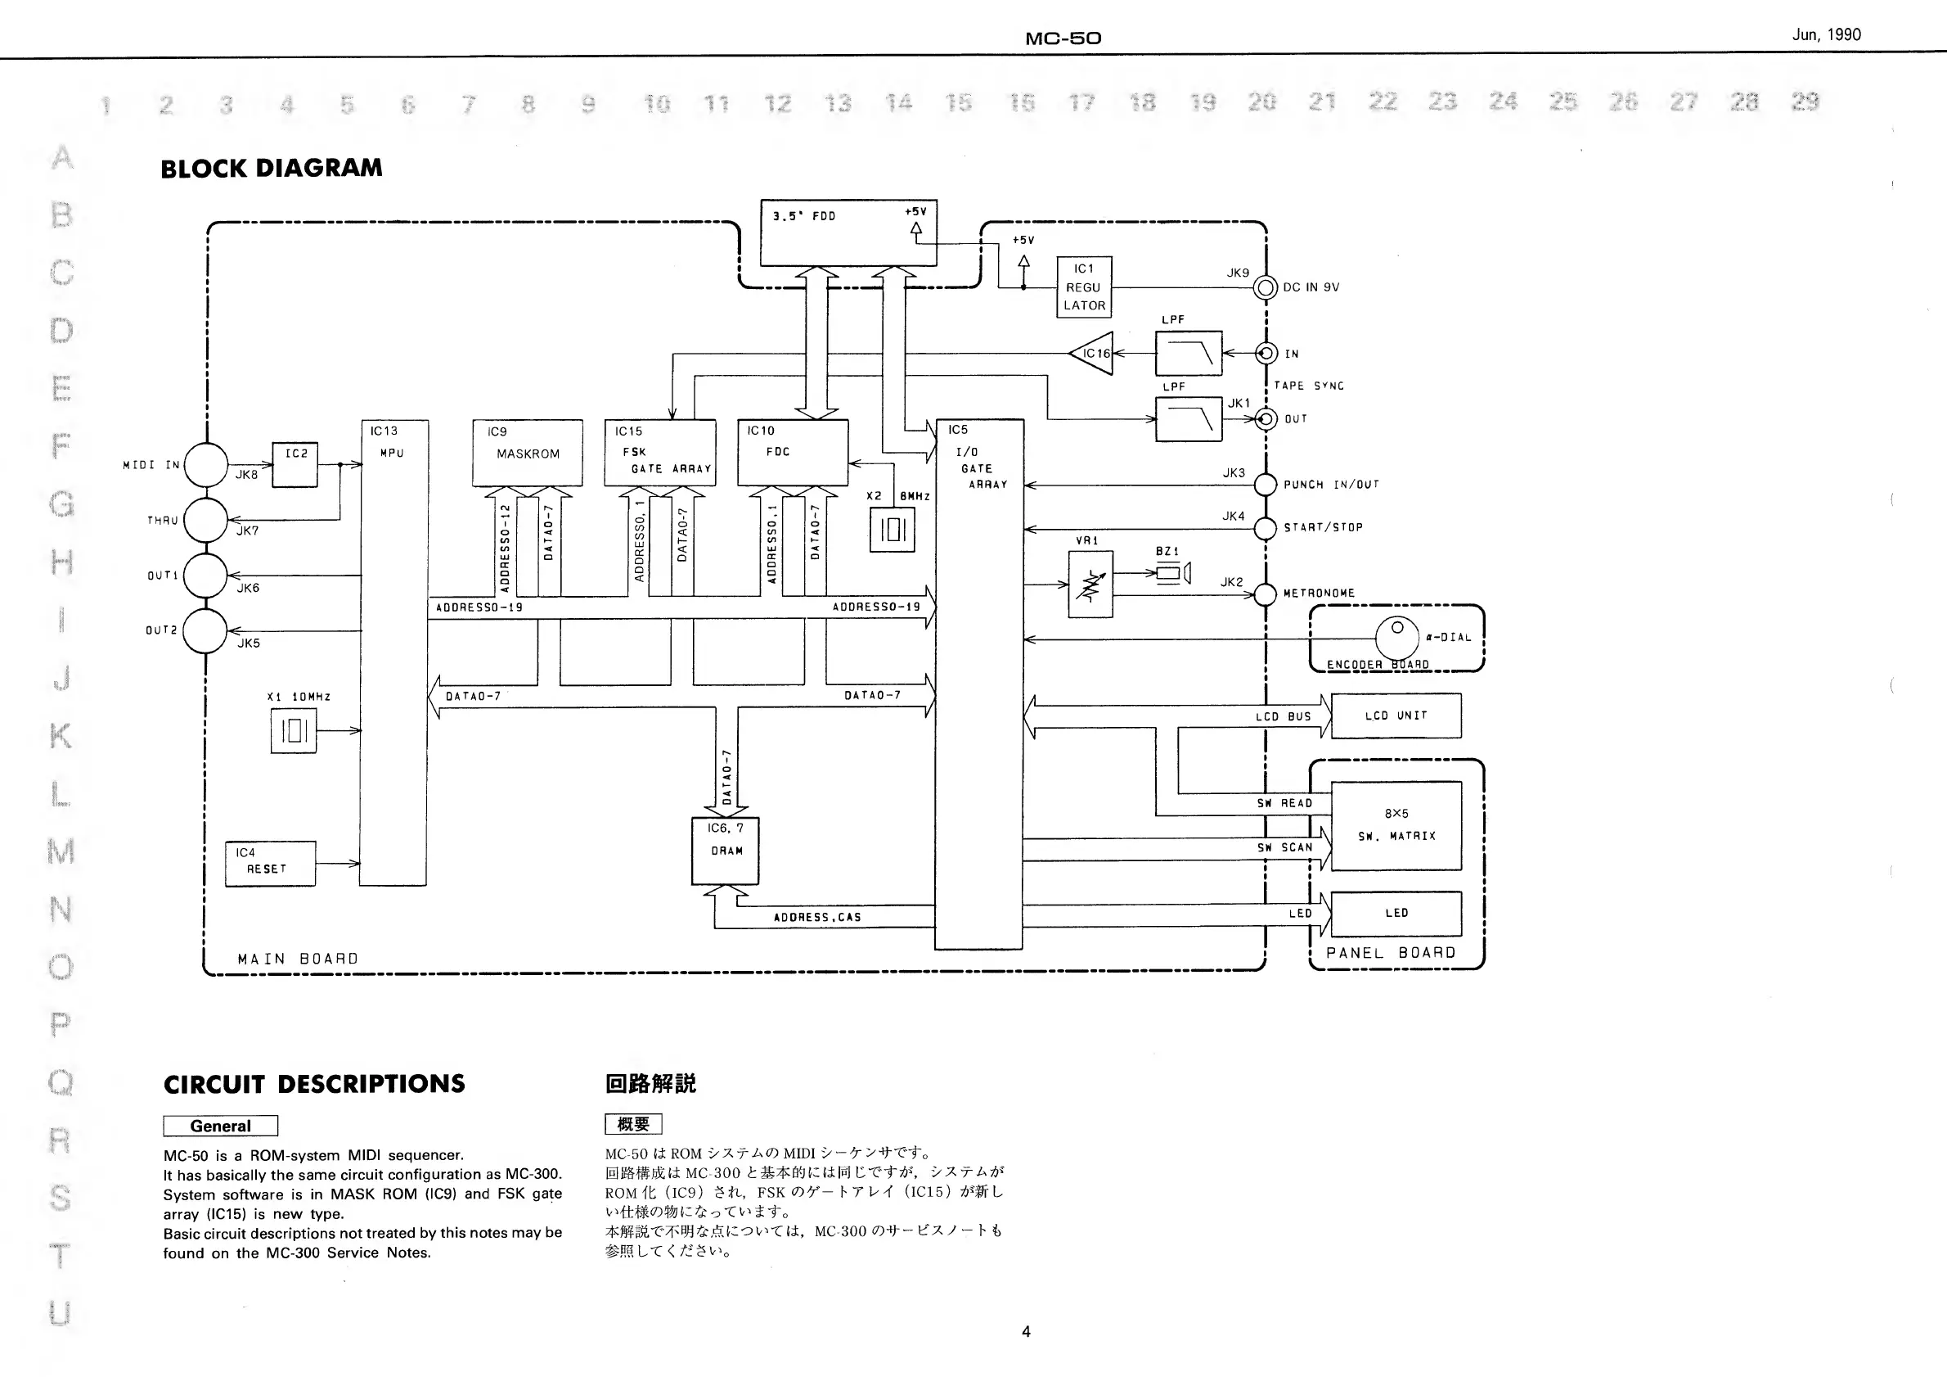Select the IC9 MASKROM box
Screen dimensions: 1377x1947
[x=528, y=453]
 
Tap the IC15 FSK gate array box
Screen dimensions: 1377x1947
[x=659, y=453]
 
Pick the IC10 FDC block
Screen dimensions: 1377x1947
[x=793, y=453]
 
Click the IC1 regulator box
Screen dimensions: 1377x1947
[x=1084, y=287]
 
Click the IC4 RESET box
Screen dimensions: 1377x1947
[x=271, y=864]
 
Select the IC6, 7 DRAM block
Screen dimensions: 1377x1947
[x=726, y=850]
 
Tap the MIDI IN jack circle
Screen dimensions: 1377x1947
[x=206, y=465]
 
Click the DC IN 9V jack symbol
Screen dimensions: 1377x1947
[x=1266, y=287]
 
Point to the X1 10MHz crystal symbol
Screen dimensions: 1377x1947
[x=294, y=730]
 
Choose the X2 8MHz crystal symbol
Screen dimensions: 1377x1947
[x=892, y=530]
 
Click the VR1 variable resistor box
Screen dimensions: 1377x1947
[x=1090, y=585]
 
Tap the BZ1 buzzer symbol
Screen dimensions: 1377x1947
[x=1172, y=575]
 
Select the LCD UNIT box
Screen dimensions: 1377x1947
[x=1396, y=716]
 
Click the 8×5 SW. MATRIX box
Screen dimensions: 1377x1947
[x=1396, y=825]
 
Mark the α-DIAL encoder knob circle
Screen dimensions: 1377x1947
[x=1396, y=635]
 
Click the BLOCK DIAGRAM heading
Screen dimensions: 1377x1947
[x=272, y=168]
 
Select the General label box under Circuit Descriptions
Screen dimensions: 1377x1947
[x=221, y=1126]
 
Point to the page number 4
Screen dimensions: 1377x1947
[x=1026, y=1331]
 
